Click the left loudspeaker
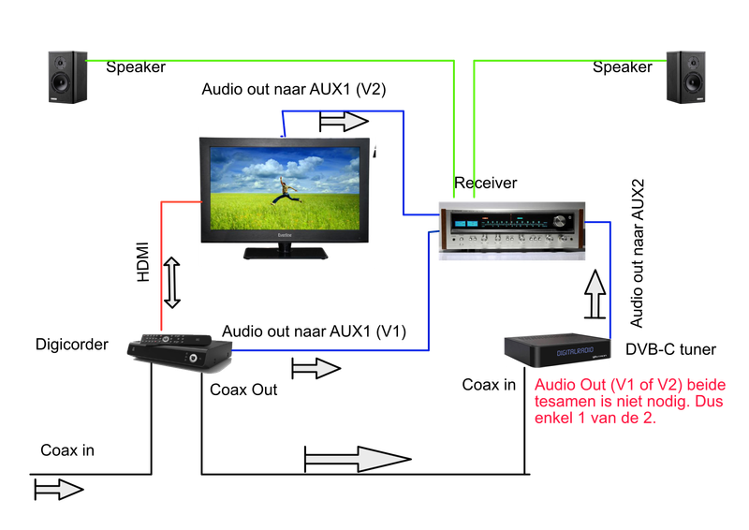(67, 77)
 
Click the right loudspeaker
(686, 77)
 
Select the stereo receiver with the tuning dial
(511, 230)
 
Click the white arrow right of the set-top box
(316, 369)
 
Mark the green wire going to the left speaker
(272, 61)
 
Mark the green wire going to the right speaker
(571, 61)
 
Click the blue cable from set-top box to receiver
(328, 350)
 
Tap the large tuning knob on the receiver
(561, 223)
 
